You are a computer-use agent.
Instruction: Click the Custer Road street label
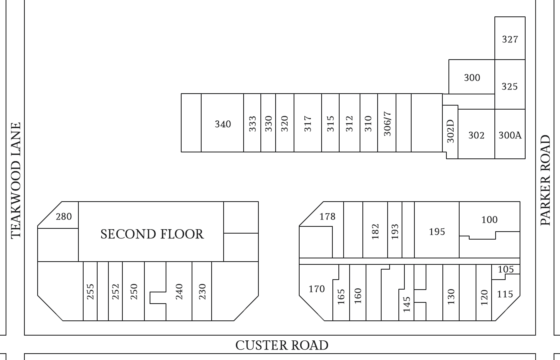pos(282,345)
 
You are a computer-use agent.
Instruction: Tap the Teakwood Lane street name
pos(16,181)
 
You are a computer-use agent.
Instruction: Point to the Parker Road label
pos(545,180)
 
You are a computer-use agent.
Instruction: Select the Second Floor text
pos(152,234)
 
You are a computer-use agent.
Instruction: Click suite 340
pos(223,124)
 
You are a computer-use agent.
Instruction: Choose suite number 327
pos(510,39)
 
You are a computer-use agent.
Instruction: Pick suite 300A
pos(510,135)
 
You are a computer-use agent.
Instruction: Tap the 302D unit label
pos(450,131)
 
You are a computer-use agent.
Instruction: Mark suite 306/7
pos(387,124)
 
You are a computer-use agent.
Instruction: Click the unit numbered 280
pos(64,216)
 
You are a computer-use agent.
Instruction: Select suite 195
pos(437,232)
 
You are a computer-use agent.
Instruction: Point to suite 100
pos(489,220)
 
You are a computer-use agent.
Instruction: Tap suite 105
pos(506,269)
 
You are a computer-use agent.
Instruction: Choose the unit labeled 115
pos(505,294)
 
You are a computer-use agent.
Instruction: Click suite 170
pos(316,289)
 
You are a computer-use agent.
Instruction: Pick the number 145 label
pos(407,304)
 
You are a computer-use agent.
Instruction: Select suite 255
pos(90,292)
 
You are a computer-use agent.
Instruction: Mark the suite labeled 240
pos(179,292)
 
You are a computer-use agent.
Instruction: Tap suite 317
pos(308,124)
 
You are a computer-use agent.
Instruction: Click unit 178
pos(327,216)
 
